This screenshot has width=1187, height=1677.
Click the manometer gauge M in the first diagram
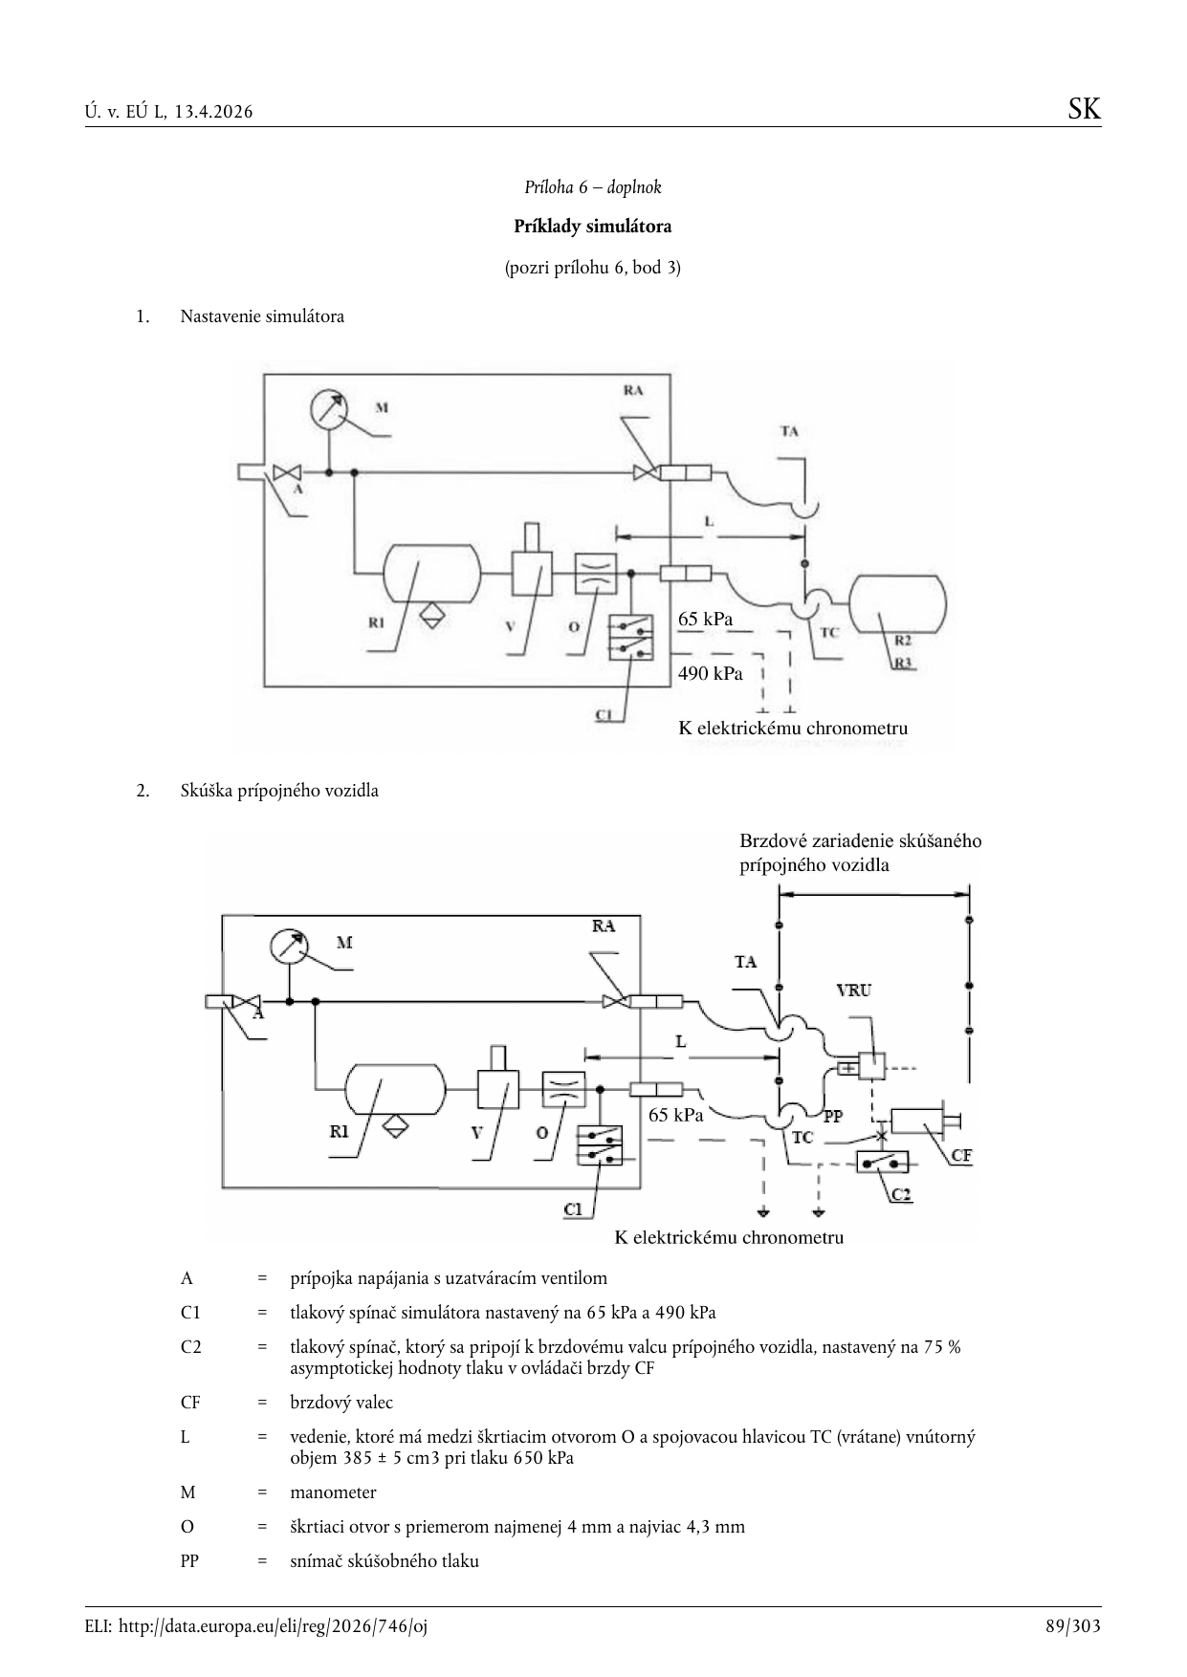coord(329,409)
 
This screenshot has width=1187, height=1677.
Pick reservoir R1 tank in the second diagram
coord(395,1089)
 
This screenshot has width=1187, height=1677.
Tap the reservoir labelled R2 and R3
coord(898,604)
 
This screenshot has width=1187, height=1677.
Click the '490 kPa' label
coord(710,673)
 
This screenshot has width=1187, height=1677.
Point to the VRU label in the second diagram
coord(853,991)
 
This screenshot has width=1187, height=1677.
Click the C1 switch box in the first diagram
coord(630,637)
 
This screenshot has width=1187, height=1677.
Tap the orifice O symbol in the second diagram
coord(563,1089)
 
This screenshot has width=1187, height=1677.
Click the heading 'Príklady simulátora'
coord(593,227)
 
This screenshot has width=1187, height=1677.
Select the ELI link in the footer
coord(256,1625)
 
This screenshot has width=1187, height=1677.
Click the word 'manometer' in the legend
coord(333,1492)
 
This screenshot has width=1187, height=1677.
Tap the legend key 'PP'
coord(189,1560)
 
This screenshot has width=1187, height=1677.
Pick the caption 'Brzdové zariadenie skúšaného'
coord(860,841)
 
